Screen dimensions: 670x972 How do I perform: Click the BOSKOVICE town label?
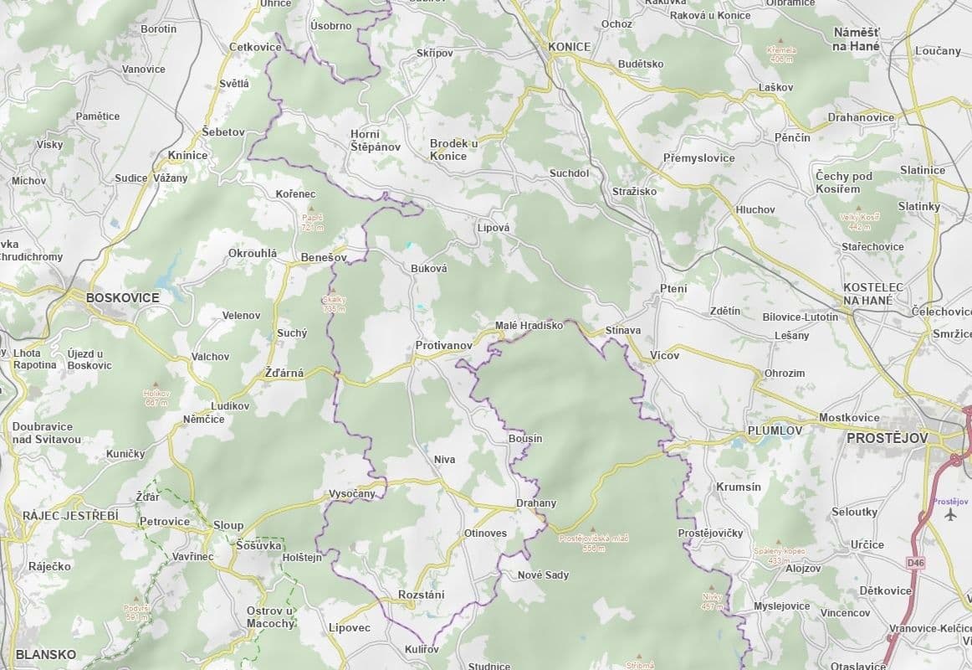[x=122, y=296]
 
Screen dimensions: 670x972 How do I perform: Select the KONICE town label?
[x=570, y=47]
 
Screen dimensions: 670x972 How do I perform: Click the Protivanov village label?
[x=444, y=345]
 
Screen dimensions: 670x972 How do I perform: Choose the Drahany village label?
[x=536, y=503]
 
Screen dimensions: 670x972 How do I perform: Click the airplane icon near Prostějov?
[x=949, y=514]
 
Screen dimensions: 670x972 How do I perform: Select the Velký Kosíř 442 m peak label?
[x=859, y=221]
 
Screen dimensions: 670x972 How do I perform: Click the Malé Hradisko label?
[x=529, y=325]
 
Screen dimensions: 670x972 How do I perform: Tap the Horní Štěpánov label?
[x=376, y=140]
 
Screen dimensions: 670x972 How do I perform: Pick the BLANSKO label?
[x=45, y=654]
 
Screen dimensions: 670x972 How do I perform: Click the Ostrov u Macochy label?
[x=271, y=616]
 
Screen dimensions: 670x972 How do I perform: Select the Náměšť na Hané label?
[x=857, y=39]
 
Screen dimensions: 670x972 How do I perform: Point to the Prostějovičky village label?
[x=710, y=533]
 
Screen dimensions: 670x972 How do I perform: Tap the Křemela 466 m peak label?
[x=781, y=54]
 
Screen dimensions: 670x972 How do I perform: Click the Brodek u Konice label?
[x=453, y=149]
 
